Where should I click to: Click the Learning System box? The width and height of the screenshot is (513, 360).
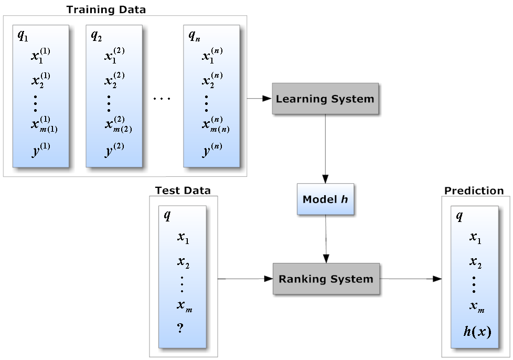click(x=325, y=99)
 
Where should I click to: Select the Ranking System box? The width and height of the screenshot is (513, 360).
click(x=326, y=279)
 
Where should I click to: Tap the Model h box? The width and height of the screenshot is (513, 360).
click(x=325, y=199)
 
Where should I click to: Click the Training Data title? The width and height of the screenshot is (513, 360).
click(x=106, y=9)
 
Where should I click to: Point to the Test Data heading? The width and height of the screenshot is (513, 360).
click(x=183, y=190)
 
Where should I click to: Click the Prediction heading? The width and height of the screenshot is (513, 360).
click(x=474, y=190)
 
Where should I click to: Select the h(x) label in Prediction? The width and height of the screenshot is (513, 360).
click(x=477, y=332)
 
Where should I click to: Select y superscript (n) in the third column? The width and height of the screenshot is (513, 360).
click(x=212, y=150)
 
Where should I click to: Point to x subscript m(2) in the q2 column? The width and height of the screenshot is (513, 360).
click(x=114, y=125)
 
